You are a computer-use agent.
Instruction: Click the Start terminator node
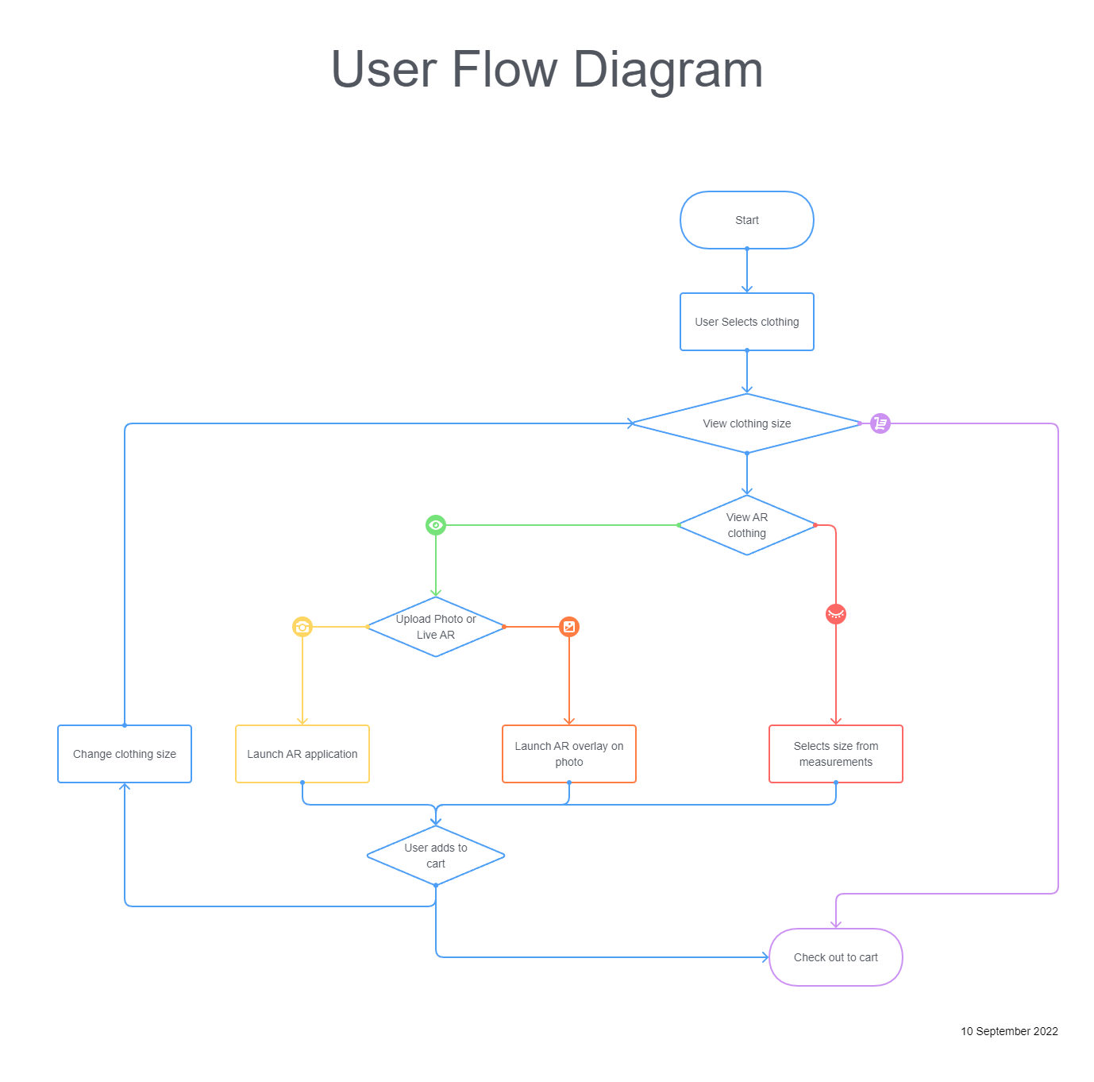coord(746,220)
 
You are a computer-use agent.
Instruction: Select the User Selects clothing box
coord(746,322)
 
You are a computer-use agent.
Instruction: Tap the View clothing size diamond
coord(746,423)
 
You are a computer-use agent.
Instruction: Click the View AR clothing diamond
coord(746,525)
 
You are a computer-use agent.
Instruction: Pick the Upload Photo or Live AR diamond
coord(435,627)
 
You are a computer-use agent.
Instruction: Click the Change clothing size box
coord(125,754)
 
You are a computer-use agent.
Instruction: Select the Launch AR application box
coord(302,754)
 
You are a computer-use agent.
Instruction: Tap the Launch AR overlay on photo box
coord(569,754)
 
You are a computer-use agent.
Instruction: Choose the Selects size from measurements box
coord(836,754)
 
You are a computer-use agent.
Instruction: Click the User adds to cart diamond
coord(435,856)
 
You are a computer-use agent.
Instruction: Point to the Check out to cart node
coord(836,957)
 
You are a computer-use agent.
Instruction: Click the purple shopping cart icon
coord(880,423)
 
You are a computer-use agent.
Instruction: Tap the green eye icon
coord(435,525)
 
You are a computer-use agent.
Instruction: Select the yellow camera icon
coord(302,627)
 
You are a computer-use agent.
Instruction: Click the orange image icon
coord(569,627)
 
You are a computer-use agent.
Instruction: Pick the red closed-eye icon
coord(836,614)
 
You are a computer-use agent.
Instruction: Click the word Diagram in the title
coord(668,71)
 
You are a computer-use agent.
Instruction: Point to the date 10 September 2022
coord(1009,1031)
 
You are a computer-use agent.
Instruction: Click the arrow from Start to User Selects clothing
coord(746,270)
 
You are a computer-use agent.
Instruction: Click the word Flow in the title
coord(505,69)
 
